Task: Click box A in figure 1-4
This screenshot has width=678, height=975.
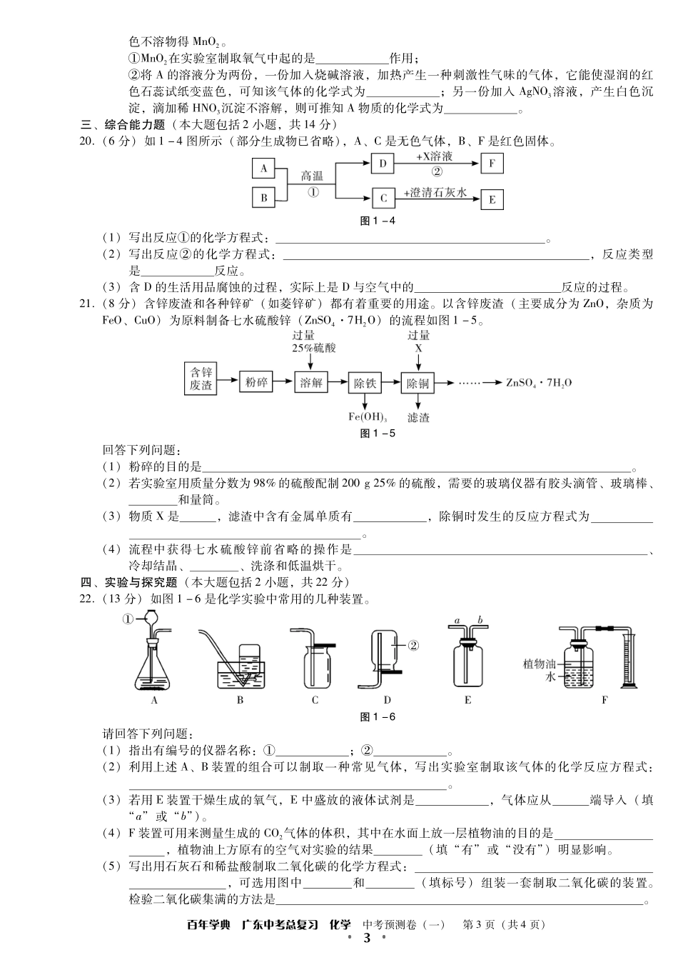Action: point(263,169)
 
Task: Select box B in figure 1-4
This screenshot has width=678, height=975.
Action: point(263,198)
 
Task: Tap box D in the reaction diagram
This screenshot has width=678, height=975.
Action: point(383,164)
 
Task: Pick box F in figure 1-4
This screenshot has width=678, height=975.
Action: point(492,164)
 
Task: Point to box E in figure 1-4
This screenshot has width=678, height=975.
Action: point(492,200)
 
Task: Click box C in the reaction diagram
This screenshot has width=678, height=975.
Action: point(383,198)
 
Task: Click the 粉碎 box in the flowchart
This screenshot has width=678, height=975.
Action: point(256,383)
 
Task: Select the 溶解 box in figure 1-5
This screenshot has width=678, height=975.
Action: point(311,383)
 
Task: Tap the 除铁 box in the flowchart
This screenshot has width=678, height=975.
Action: point(365,383)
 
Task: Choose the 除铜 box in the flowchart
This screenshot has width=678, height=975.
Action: point(418,383)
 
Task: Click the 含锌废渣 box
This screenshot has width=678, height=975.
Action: point(201,379)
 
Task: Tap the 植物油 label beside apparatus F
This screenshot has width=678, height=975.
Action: point(539,664)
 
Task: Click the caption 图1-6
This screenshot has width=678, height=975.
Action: point(378,717)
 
